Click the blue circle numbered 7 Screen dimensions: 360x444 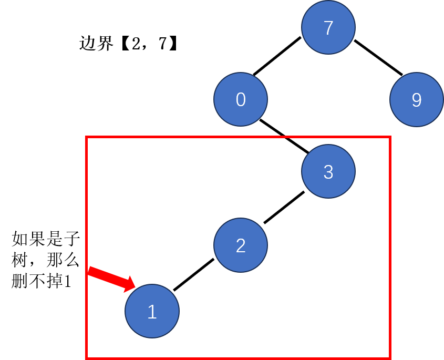coord(328,27)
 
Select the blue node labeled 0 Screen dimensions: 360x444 coord(241,99)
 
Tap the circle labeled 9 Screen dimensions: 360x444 coord(416,99)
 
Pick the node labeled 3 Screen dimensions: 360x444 coord(328,171)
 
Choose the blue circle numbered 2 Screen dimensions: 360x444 coord(241,245)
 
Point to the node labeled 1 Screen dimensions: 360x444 coord(152,311)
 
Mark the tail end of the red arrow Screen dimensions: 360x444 coord(89,270)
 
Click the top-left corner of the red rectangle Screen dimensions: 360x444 coord(87,137)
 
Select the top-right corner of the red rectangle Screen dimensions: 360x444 coord(390,137)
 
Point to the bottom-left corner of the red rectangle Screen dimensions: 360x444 coord(87,358)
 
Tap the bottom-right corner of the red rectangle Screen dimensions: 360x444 coord(390,358)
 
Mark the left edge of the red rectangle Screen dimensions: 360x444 coord(87,210)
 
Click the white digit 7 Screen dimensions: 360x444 coord(328,28)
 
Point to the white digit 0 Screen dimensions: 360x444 coord(241,100)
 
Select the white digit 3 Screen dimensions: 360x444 coord(328,172)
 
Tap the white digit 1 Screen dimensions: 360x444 coord(152,312)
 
